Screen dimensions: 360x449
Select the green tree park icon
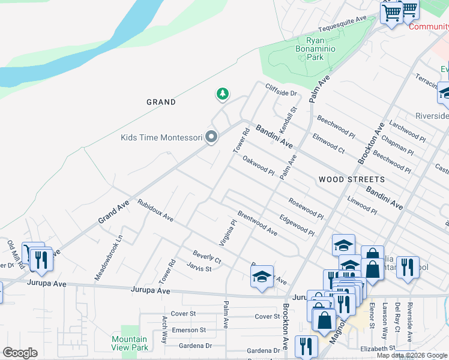click(x=223, y=94)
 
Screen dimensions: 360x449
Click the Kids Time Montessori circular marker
click(x=211, y=137)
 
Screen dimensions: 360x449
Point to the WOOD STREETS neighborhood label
click(x=351, y=179)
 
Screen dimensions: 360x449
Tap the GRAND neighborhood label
click(x=161, y=102)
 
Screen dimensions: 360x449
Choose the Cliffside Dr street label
click(x=282, y=90)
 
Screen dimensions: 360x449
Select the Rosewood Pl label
click(x=306, y=207)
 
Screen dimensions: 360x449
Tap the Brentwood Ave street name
click(x=257, y=223)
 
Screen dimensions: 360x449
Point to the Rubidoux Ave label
click(x=155, y=211)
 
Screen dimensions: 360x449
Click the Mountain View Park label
click(x=130, y=343)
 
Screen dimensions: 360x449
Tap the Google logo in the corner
click(x=20, y=353)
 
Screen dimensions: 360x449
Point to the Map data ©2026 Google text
click(x=411, y=355)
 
